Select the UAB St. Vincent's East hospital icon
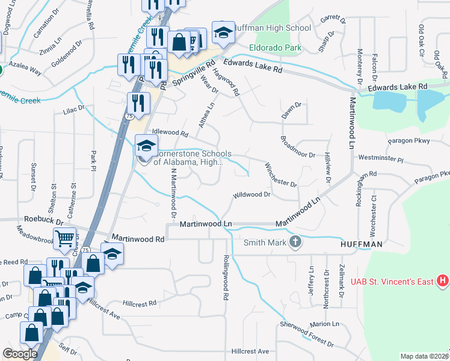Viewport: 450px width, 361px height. (x=443, y=280)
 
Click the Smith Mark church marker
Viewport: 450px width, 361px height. (x=295, y=242)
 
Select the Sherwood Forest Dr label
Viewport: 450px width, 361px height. (x=306, y=335)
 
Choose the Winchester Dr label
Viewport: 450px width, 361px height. (x=281, y=175)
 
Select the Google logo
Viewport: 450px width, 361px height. (x=20, y=353)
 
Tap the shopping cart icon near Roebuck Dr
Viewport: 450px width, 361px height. (x=64, y=238)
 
